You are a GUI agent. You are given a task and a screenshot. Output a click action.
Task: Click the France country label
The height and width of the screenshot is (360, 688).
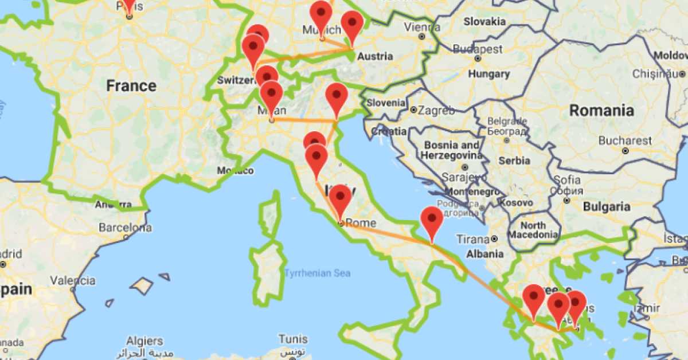click(131, 86)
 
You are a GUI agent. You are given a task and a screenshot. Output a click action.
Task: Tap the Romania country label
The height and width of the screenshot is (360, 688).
click(601, 111)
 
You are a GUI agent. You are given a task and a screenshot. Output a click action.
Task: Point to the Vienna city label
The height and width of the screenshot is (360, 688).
click(423, 27)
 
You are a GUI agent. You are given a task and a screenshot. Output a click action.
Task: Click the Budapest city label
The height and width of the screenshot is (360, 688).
click(478, 49)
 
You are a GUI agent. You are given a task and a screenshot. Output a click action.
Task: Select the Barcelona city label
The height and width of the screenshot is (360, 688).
click(126, 228)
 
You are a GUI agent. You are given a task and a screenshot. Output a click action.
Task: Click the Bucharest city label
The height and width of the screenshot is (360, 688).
click(625, 140)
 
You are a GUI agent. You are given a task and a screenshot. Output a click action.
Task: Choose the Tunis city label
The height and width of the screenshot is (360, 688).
click(293, 339)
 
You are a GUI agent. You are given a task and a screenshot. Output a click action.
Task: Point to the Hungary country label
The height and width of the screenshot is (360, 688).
click(488, 74)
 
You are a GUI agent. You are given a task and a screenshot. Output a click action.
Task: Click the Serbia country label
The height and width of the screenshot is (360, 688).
click(514, 161)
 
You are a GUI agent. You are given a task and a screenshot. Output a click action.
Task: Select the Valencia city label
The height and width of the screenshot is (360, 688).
click(72, 281)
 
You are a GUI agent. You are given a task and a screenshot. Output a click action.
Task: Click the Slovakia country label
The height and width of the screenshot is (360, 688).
click(484, 21)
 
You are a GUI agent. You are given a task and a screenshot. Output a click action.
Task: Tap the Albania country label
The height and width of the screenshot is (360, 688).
click(484, 254)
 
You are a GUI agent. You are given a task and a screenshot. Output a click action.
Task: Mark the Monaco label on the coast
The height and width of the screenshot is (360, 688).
click(235, 170)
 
